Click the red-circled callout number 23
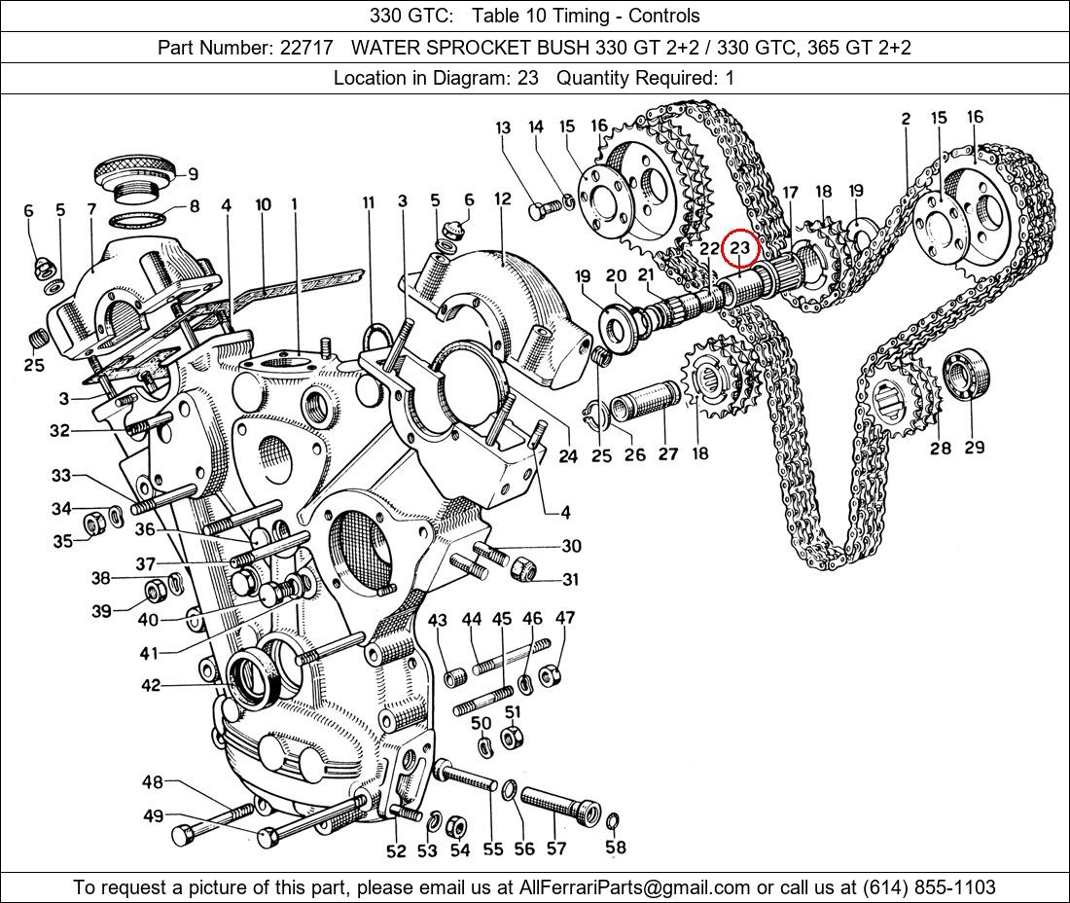740,247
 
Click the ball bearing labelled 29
965,376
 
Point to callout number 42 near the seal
151,685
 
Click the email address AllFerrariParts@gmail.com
635,887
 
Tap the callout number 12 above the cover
502,199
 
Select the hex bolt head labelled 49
185,835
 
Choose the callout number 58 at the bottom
616,847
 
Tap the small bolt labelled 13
541,208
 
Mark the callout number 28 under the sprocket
940,448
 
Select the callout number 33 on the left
61,476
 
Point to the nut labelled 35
94,525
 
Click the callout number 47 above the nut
565,618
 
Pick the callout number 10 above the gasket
263,204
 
